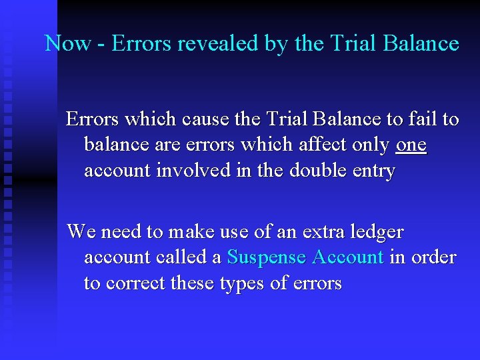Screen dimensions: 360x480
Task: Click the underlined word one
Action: click(411, 145)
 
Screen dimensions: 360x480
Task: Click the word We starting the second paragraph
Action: click(81, 232)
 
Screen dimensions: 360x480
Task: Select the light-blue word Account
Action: click(347, 257)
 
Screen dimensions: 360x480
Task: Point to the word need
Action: click(121, 232)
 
